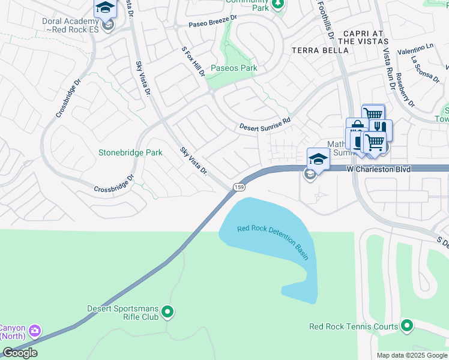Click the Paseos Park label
click(x=234, y=68)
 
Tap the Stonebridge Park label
click(x=130, y=152)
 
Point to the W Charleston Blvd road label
click(x=379, y=170)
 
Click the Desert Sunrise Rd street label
click(x=265, y=124)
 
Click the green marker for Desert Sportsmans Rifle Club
click(x=167, y=312)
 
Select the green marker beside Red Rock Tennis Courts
click(x=407, y=326)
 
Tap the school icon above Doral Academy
click(x=105, y=8)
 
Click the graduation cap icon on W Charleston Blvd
click(x=318, y=158)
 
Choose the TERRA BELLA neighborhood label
click(x=319, y=50)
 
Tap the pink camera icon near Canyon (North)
click(x=35, y=330)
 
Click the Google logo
click(x=20, y=353)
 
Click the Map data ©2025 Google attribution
click(x=411, y=355)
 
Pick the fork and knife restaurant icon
click(x=380, y=127)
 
